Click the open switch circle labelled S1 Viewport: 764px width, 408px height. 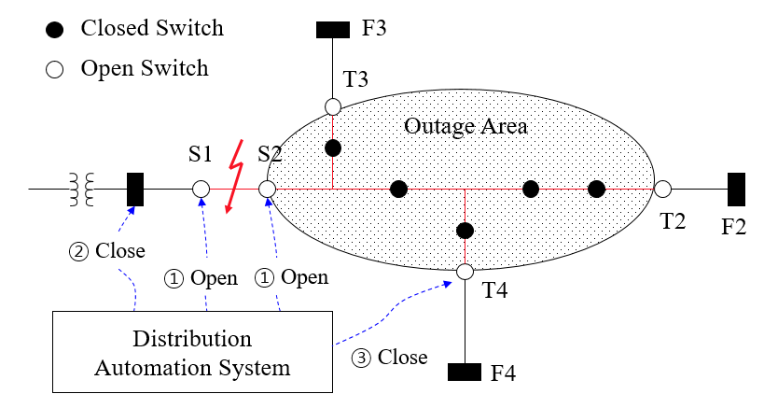point(201,190)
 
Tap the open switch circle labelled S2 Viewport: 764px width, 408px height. point(267,190)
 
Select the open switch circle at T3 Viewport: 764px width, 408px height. point(333,106)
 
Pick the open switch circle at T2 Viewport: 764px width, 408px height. point(662,190)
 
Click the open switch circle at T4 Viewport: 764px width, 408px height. point(465,272)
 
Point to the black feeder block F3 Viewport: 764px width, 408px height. point(333,30)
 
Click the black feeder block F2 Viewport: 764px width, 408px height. point(736,190)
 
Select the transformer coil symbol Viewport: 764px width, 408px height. point(82,190)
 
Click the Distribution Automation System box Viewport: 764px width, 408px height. point(192,352)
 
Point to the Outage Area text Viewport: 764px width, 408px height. point(465,126)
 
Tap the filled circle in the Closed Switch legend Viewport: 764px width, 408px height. point(55,28)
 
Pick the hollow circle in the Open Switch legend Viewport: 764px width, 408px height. point(55,69)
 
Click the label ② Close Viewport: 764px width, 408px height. point(108,251)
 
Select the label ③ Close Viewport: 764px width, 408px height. point(389,358)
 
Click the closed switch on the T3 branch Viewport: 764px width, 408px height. point(333,148)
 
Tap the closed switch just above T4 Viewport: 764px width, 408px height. point(465,230)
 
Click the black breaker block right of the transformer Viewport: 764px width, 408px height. point(134,190)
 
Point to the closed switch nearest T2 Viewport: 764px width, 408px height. point(596,190)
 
